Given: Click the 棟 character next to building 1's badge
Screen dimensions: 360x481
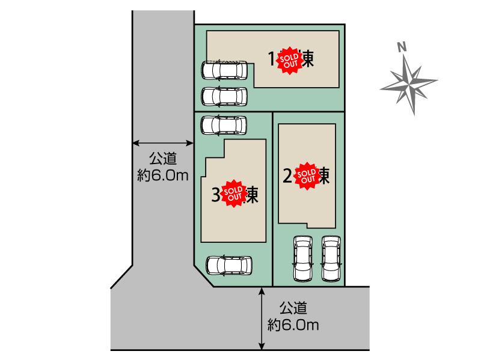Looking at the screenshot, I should tap(308, 59).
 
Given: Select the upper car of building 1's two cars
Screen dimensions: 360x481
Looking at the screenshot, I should tap(224, 70).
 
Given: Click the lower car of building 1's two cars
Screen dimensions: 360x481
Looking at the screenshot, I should tap(224, 96).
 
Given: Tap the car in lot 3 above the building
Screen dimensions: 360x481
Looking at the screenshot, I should tap(224, 125).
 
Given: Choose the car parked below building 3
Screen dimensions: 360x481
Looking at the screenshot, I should tap(229, 265).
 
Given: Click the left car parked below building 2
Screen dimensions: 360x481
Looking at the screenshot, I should tap(303, 258).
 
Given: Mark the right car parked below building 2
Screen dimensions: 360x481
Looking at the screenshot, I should tap(331, 258).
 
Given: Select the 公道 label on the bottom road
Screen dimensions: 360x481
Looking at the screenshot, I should tap(293, 310).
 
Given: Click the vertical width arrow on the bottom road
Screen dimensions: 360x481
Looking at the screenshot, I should tap(262, 318).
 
